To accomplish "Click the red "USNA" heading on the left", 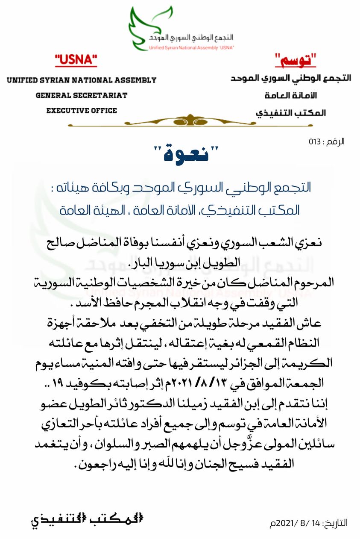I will [x=76, y=61].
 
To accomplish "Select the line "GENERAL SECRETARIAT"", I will [x=82, y=95].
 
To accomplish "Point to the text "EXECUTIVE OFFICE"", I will [x=82, y=110].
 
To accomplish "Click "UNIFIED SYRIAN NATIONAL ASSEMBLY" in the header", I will [x=82, y=80].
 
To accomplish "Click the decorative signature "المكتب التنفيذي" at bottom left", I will [x=87, y=521].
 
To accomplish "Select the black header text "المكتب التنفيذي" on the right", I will [x=291, y=113].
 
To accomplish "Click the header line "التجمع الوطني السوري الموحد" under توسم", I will [x=291, y=79].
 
